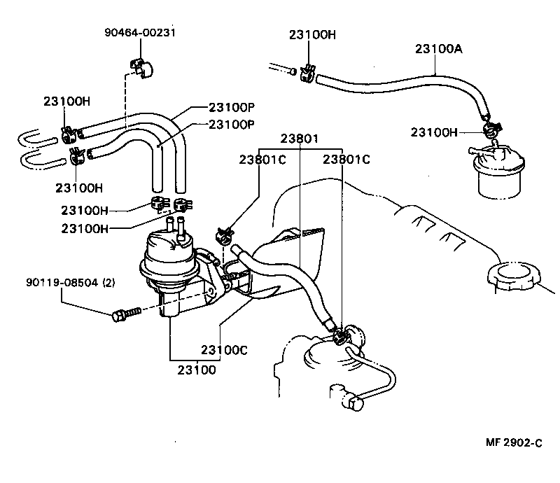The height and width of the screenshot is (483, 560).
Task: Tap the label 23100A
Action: (x=438, y=49)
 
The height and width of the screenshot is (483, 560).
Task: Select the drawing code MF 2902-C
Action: (x=514, y=442)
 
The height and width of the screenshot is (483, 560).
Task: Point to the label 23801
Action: (x=299, y=139)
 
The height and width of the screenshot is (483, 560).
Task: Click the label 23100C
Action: (x=224, y=350)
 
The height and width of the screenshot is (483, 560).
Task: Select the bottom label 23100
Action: (x=196, y=369)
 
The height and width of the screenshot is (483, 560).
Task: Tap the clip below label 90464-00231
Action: (x=141, y=66)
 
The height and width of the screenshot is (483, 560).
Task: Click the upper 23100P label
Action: (x=231, y=108)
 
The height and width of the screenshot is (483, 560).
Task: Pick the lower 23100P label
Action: (x=231, y=124)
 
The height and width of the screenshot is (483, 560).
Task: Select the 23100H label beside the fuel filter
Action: (x=433, y=132)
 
